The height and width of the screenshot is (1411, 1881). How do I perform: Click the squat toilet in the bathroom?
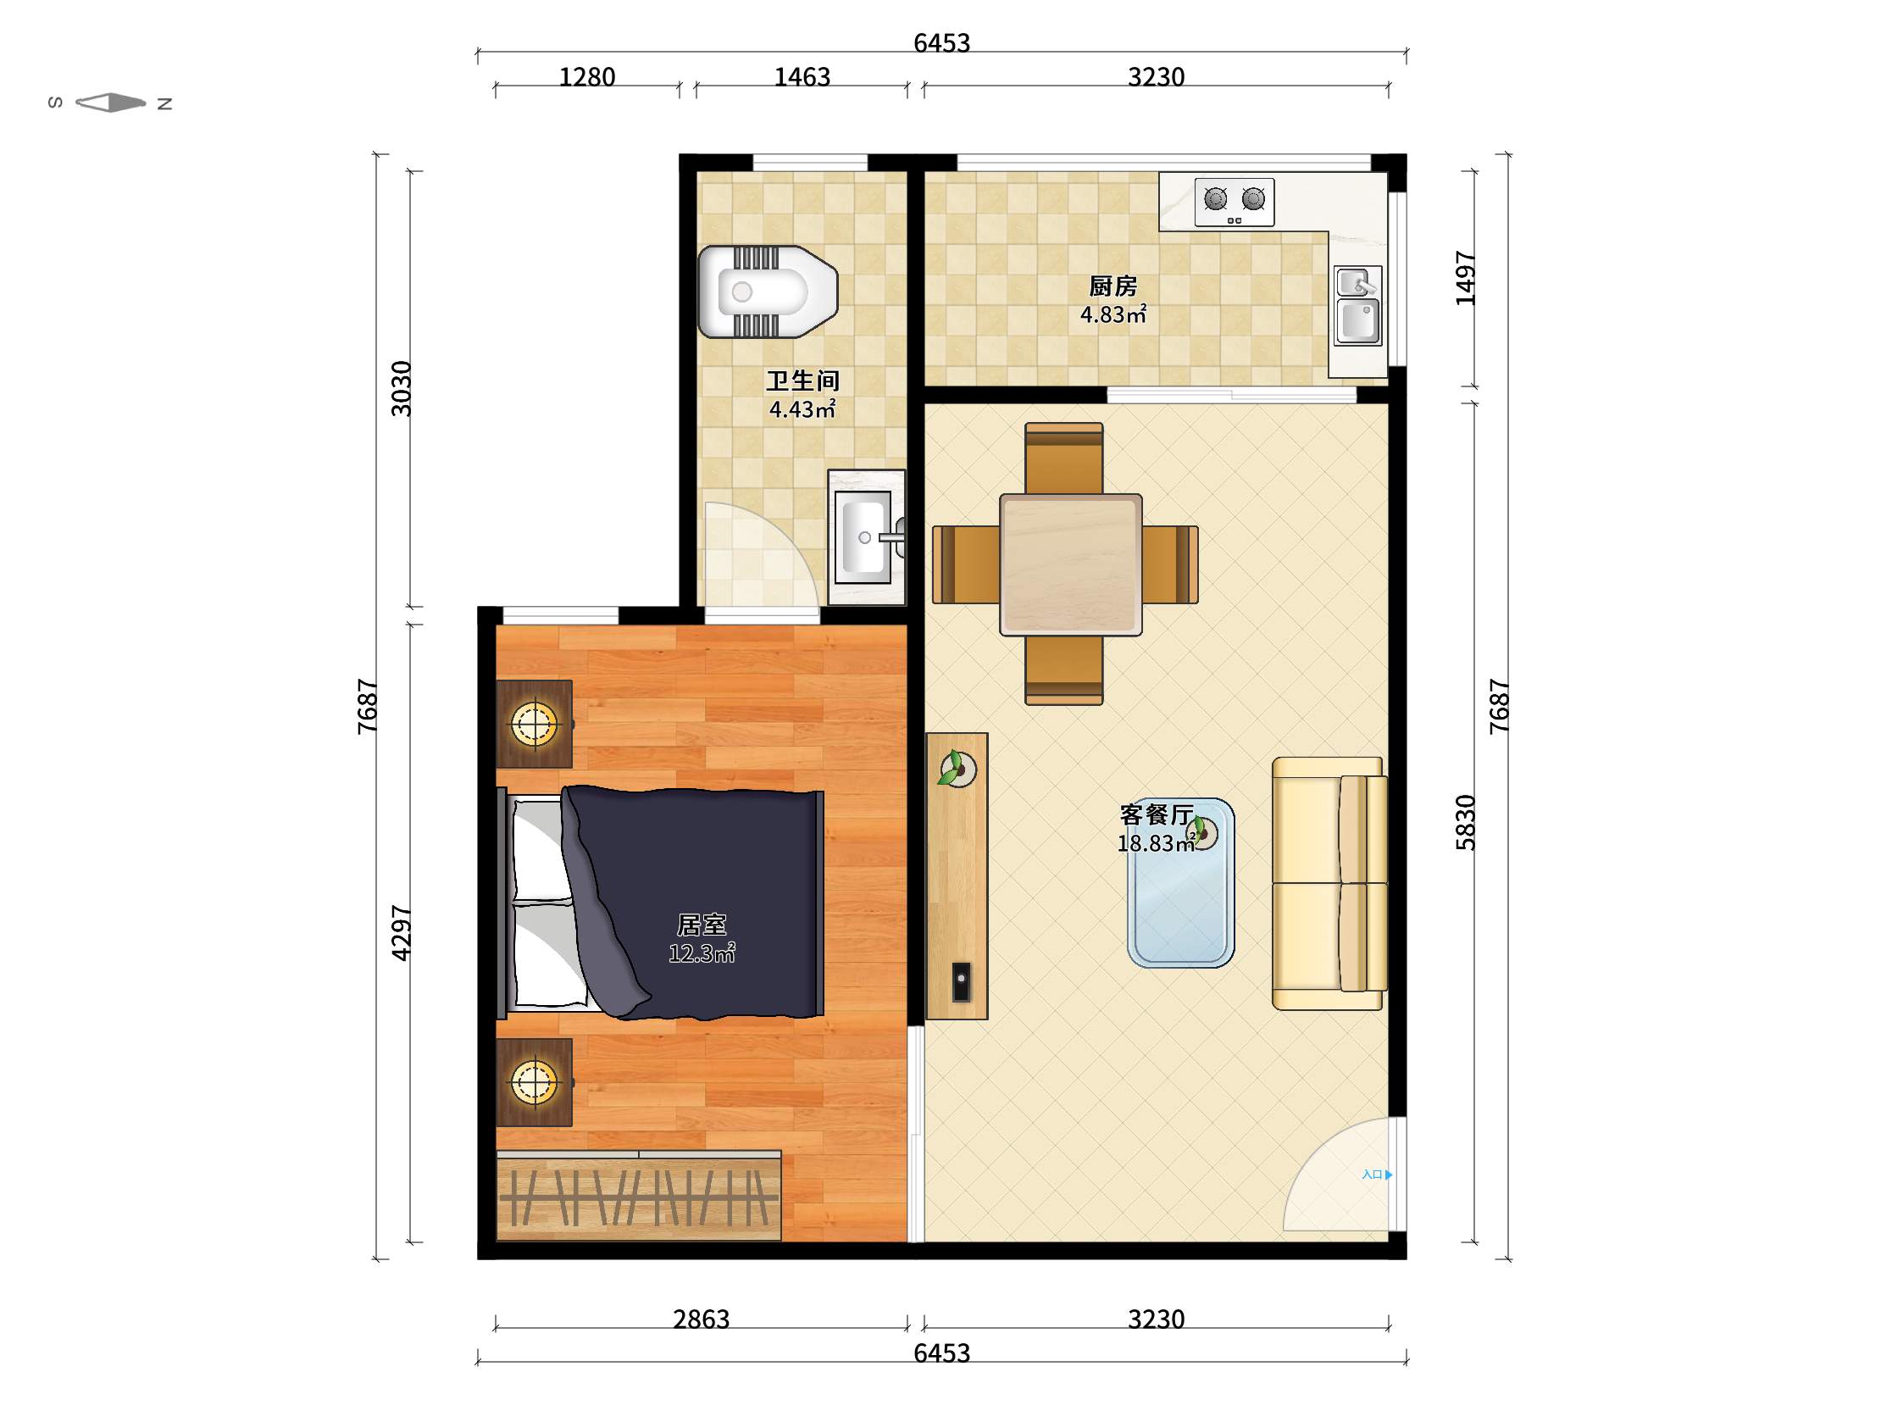(x=767, y=292)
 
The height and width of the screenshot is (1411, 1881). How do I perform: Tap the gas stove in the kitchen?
(x=1234, y=202)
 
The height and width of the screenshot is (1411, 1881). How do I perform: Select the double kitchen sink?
(x=1357, y=305)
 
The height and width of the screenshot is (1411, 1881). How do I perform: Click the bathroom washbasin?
(x=867, y=536)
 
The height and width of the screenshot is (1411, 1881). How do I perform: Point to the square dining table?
(x=1070, y=564)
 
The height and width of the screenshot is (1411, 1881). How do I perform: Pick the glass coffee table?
(x=1180, y=882)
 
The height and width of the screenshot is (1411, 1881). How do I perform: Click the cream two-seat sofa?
(x=1329, y=883)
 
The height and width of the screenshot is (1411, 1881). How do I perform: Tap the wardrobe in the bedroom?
(x=639, y=1195)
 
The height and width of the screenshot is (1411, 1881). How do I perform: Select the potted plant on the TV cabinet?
(x=957, y=768)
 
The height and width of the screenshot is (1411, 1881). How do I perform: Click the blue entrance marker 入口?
(x=1377, y=1175)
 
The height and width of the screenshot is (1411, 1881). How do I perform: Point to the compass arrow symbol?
(x=110, y=103)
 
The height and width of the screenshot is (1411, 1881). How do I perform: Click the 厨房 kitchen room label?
(x=1113, y=286)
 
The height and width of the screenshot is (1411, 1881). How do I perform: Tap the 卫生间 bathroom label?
(x=802, y=381)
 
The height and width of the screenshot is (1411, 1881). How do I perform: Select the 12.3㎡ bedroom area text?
(x=702, y=953)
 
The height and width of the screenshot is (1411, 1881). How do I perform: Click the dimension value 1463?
(x=802, y=77)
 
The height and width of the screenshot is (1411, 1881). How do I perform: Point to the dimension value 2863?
(x=701, y=1319)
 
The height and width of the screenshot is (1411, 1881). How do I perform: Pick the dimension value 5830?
(x=1465, y=822)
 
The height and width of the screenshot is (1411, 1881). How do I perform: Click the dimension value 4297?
(x=401, y=933)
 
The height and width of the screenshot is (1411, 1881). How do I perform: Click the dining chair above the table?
(x=1064, y=458)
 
